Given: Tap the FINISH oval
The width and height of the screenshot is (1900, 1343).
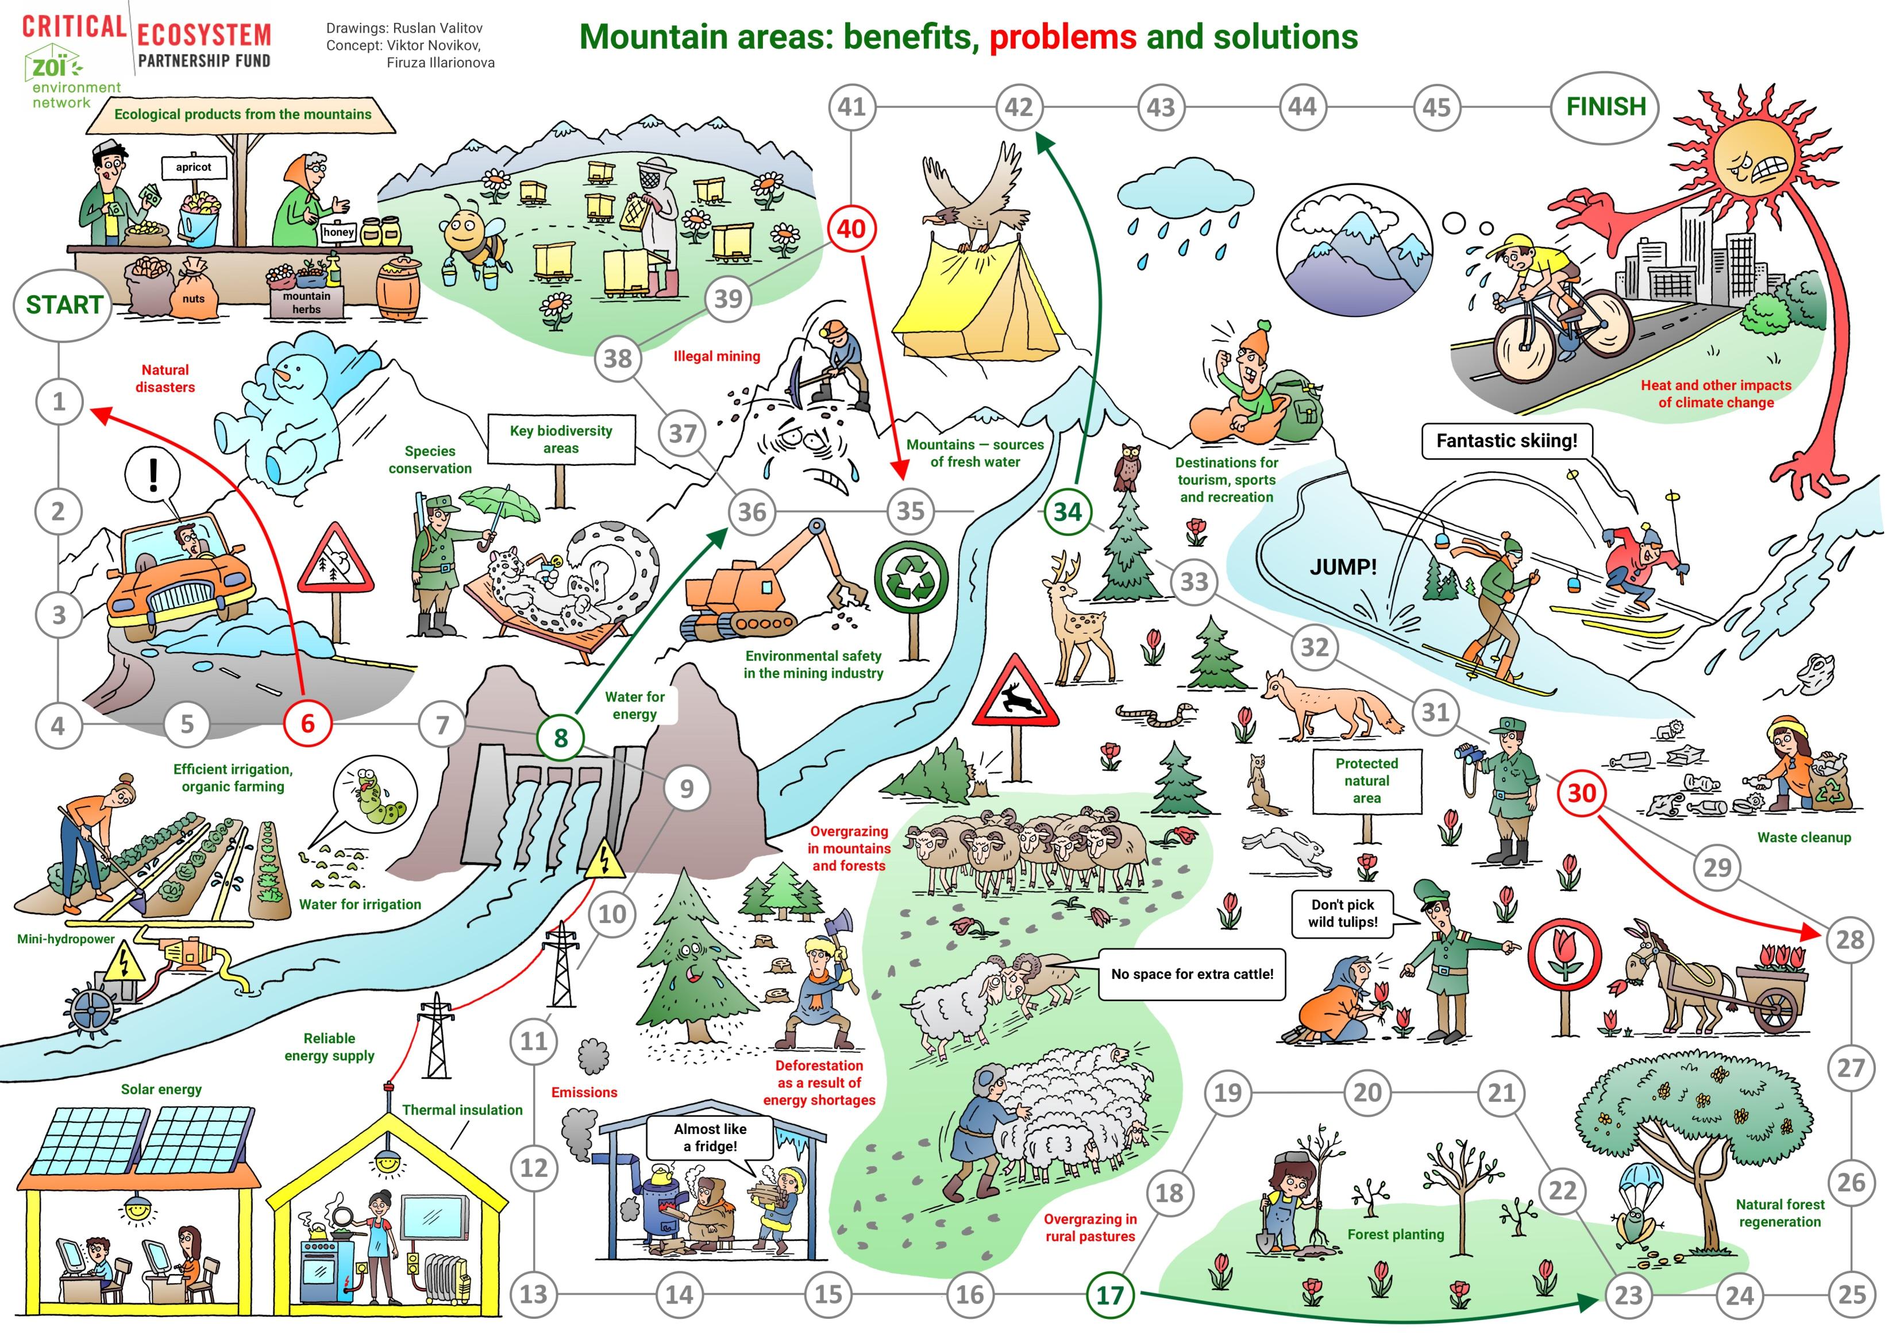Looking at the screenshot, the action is (x=1605, y=107).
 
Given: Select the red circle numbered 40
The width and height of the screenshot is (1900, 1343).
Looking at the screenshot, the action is (x=851, y=229).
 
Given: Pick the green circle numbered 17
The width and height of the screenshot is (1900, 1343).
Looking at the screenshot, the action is (x=1109, y=1295).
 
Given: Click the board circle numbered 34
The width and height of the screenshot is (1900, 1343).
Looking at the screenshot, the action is (x=1067, y=511).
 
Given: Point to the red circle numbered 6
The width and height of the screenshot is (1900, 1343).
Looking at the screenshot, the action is (x=307, y=724).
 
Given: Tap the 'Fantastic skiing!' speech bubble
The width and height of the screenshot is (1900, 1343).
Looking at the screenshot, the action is (x=1506, y=441).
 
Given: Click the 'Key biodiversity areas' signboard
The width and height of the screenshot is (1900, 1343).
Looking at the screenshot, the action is (x=561, y=439).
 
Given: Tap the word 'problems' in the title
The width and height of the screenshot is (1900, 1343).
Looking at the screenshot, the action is (x=1062, y=37).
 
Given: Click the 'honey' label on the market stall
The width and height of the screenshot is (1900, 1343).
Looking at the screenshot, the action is (x=338, y=233).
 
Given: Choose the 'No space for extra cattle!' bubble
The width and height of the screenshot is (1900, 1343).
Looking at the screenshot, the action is (x=1192, y=974).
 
